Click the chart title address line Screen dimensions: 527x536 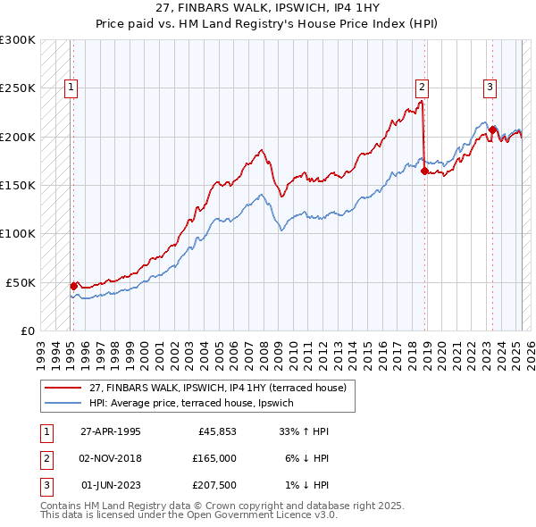click(267, 7)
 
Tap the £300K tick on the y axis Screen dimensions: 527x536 click(18, 40)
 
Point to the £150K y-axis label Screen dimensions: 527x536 click(18, 185)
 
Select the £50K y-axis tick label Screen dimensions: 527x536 click(21, 282)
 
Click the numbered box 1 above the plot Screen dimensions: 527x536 click(70, 88)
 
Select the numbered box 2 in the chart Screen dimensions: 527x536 click(421, 88)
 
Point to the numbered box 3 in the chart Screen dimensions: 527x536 click(490, 88)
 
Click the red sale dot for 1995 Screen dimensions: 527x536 click(73, 286)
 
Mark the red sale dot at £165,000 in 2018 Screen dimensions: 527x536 click(424, 171)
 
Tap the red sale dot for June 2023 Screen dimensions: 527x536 click(492, 130)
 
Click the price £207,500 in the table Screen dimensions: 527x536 click(214, 485)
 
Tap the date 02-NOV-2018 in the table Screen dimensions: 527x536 click(111, 458)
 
